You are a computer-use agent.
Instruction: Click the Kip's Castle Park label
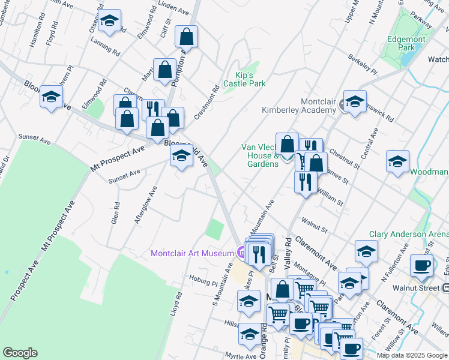point(242,79)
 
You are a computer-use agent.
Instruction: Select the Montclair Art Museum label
point(191,254)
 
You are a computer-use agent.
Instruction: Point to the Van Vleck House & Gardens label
point(259,155)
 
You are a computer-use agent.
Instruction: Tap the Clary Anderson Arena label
point(409,234)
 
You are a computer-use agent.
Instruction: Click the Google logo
point(20,353)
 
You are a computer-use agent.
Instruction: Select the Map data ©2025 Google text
point(411,355)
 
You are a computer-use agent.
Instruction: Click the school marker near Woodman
point(397,162)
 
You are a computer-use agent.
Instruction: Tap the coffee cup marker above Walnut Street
point(421,266)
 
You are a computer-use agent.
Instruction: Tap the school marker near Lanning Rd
point(109,22)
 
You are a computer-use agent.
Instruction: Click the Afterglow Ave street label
point(146,205)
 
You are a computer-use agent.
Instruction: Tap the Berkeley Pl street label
point(361,65)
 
